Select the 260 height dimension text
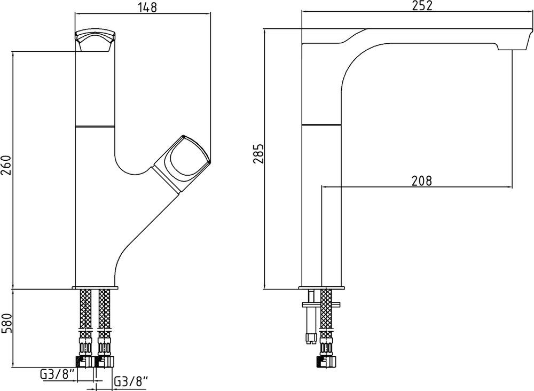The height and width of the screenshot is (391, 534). [6, 165]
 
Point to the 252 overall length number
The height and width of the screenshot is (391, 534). [422, 6]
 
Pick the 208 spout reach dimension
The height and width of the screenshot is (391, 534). [421, 181]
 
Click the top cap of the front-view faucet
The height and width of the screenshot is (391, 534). [96, 41]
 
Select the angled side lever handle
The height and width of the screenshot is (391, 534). [182, 163]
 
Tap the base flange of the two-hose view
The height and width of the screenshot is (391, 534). [95, 288]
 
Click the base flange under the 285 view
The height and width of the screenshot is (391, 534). [322, 288]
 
